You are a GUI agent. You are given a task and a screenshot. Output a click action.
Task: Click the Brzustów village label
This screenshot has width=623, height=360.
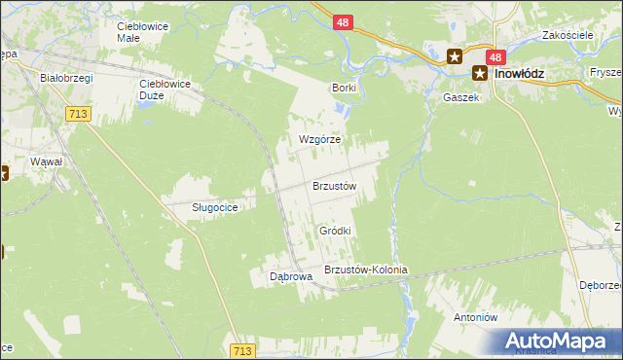tap(335, 186)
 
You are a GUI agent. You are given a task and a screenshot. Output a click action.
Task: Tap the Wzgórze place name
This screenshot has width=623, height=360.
tap(319, 139)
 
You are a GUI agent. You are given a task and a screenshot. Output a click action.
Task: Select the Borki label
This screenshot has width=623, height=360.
tap(344, 88)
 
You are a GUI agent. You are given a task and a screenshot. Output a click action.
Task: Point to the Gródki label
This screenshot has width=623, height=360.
tap(335, 231)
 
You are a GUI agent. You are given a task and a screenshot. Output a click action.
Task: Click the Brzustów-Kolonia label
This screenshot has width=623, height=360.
tap(365, 270)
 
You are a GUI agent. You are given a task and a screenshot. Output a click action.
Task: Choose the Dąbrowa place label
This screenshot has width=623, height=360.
tap(290, 276)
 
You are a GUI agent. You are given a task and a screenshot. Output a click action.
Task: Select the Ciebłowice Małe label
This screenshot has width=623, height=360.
tap(142, 32)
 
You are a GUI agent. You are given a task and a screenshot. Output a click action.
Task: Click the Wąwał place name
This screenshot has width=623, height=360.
tap(47, 161)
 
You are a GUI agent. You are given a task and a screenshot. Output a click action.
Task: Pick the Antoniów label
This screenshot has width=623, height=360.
tap(476, 317)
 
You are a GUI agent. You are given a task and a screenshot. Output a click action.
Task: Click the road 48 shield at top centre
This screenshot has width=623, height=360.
tap(342, 20)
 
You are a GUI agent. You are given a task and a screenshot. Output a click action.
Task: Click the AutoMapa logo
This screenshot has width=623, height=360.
tap(561, 341)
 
